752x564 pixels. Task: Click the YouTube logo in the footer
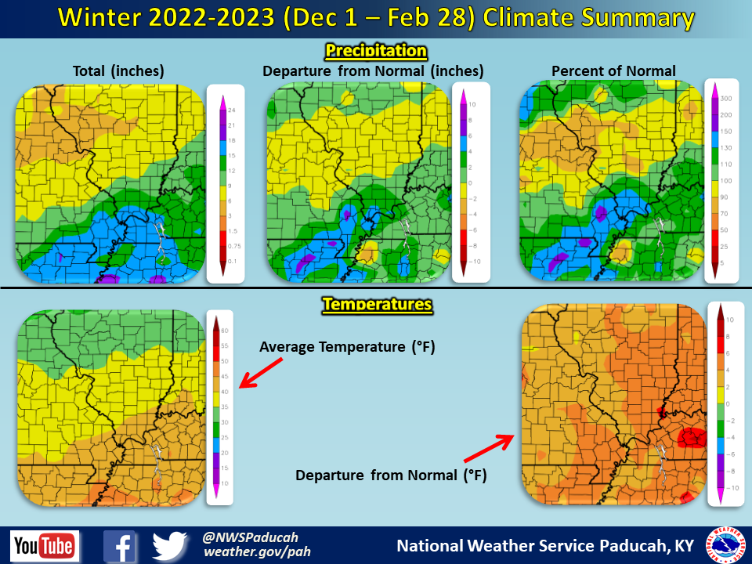[45, 545]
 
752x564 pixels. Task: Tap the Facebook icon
[120, 546]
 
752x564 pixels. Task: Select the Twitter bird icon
[171, 546]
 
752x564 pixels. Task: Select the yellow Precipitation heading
[376, 52]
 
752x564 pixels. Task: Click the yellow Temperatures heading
[378, 304]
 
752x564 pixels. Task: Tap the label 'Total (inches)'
[118, 71]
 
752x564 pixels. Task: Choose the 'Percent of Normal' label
[613, 71]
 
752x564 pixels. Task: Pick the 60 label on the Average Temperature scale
[222, 330]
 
